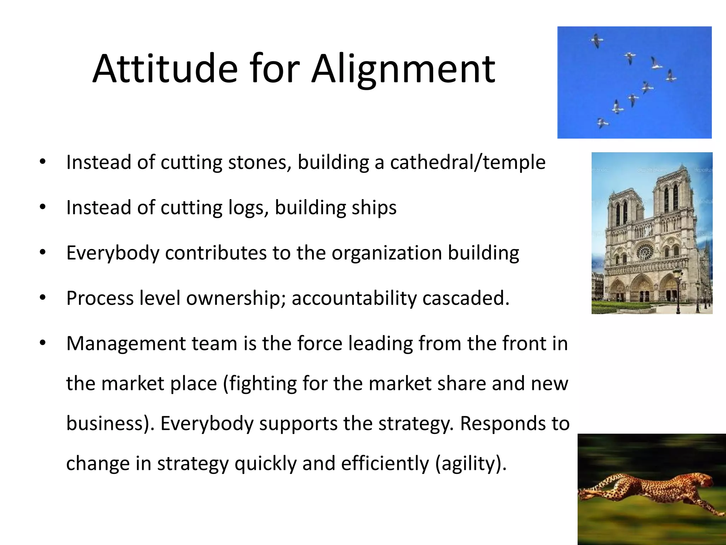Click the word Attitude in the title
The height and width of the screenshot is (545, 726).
pos(164,69)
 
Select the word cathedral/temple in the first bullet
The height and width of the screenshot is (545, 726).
pos(468,163)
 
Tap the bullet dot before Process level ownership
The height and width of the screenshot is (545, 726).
pos(43,298)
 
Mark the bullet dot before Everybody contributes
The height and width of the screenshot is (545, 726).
pos(43,253)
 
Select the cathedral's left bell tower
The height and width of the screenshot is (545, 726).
pos(623,213)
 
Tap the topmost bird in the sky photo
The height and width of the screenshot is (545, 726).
pos(597,40)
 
